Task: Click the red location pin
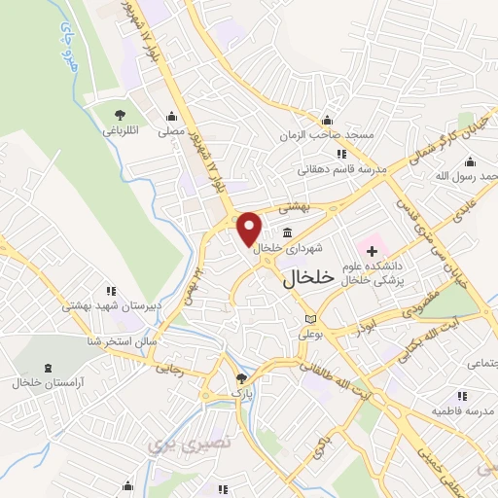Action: pyautogui.click(x=250, y=228)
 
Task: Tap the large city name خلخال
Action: pyautogui.click(x=308, y=278)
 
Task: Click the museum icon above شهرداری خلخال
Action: pyautogui.click(x=289, y=232)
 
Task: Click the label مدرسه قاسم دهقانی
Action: pyautogui.click(x=342, y=168)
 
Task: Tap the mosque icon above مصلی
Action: pyautogui.click(x=172, y=115)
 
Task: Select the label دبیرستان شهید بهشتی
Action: pyautogui.click(x=109, y=304)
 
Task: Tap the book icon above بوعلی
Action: pyautogui.click(x=310, y=319)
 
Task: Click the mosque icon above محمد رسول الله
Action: pyautogui.click(x=472, y=160)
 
